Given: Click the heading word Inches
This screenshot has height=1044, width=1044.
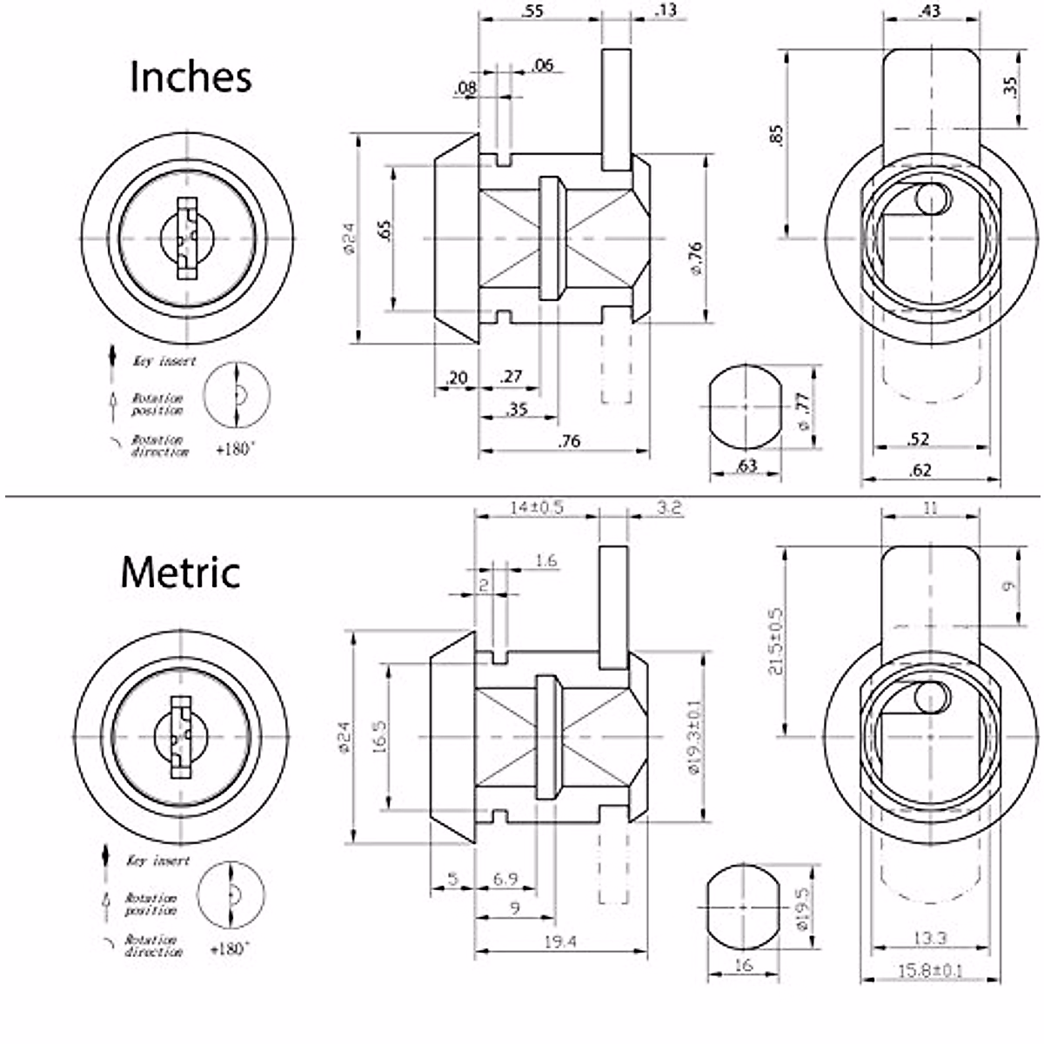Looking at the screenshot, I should click(x=191, y=77).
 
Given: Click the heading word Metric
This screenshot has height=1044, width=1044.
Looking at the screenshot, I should click(x=180, y=572).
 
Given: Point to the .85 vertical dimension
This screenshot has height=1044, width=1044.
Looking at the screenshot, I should click(x=777, y=135).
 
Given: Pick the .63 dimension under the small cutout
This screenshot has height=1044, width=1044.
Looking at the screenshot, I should click(x=746, y=465).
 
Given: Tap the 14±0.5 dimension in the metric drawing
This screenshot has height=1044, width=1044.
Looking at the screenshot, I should click(x=537, y=507).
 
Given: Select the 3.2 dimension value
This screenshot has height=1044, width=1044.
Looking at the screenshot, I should click(x=669, y=507).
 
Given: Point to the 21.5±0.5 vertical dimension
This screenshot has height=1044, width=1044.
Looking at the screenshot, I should click(x=777, y=642).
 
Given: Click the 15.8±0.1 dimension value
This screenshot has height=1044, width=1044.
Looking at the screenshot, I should click(x=929, y=971).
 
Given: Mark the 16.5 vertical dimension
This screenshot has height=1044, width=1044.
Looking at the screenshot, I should click(x=380, y=735).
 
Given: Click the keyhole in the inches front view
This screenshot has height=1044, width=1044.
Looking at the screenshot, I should click(x=187, y=238).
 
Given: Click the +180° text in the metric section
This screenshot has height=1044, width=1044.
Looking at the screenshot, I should click(x=232, y=949).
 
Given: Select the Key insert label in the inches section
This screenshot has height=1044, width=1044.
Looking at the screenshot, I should click(x=164, y=361).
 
